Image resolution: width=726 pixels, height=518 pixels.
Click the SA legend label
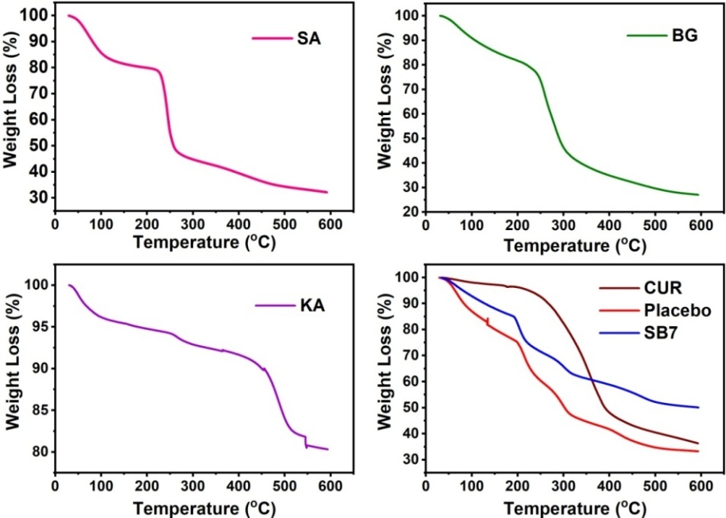coord(308,38)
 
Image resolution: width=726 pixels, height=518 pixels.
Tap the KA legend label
coord(309,305)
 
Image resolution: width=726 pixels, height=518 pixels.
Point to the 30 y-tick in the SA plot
coord(37,198)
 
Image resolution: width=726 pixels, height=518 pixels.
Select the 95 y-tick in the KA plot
coord(37,327)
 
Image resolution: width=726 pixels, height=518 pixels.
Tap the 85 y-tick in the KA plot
coord(37,410)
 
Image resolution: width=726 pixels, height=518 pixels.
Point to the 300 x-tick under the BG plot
coord(563,226)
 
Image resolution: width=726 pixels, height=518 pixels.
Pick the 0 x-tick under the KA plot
coord(55,486)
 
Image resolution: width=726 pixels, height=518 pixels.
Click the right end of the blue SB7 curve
coord(698,407)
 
